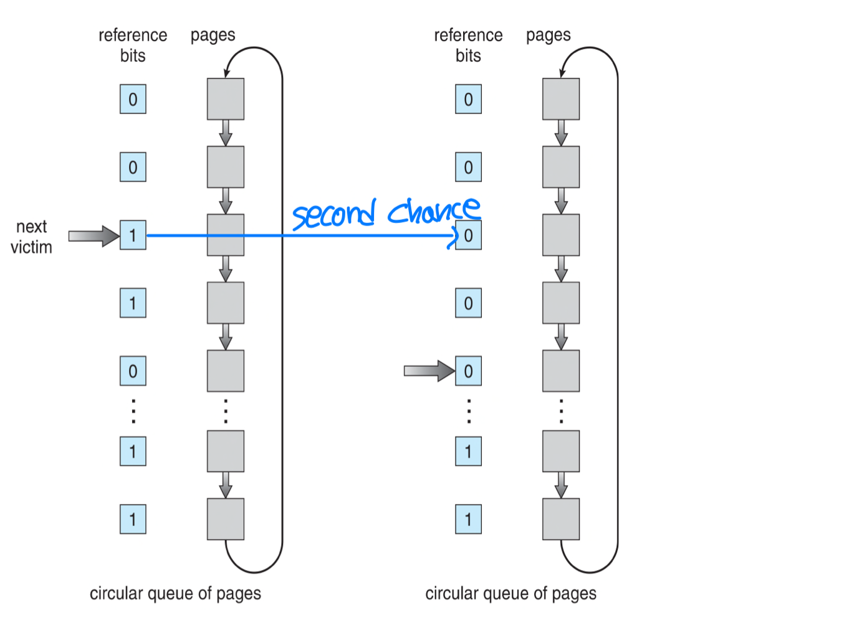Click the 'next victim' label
31,237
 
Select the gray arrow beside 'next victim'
93,236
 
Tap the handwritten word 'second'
334,215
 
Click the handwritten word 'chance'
434,210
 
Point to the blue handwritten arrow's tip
456,235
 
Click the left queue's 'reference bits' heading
133,45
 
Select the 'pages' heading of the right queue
548,35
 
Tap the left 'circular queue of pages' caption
175,593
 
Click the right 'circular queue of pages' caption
510,593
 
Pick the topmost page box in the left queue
226,99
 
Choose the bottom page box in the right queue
561,519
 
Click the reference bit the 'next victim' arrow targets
133,235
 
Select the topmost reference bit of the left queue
133,99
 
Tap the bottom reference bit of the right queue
468,519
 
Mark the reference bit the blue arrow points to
469,235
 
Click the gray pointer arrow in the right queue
429,371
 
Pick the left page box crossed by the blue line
226,235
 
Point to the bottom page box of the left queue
226,519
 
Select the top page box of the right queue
561,99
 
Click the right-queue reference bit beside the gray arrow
468,371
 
